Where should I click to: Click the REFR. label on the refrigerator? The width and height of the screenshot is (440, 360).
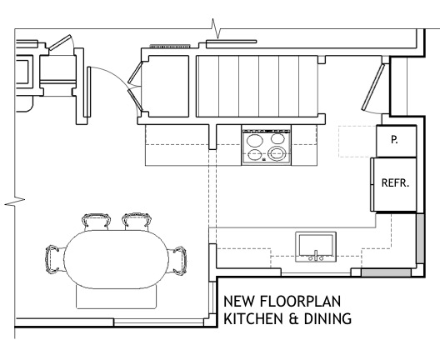click(395, 183)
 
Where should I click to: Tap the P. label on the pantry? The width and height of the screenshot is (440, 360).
click(394, 139)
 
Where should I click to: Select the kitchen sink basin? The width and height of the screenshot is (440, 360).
click(316, 245)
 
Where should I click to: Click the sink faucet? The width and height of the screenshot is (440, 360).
click(316, 256)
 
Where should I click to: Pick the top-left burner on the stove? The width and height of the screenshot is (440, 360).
click(255, 140)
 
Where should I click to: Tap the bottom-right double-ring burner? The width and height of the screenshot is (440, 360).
click(277, 153)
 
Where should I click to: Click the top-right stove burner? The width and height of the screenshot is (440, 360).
click(277, 138)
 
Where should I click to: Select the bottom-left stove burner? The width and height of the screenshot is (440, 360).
click(255, 155)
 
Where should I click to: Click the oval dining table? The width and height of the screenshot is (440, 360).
click(116, 259)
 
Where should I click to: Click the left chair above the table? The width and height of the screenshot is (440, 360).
click(96, 222)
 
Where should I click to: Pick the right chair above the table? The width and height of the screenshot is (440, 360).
click(137, 221)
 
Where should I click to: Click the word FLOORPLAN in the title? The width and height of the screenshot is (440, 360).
click(300, 301)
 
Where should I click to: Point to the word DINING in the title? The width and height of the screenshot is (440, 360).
click(327, 319)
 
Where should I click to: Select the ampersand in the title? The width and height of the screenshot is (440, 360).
click(293, 319)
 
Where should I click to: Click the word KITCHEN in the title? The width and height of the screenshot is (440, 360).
click(253, 319)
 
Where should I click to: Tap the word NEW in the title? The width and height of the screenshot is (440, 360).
click(239, 301)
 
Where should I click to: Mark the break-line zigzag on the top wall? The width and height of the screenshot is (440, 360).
click(216, 28)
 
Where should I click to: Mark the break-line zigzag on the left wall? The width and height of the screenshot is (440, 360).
click(15, 202)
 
